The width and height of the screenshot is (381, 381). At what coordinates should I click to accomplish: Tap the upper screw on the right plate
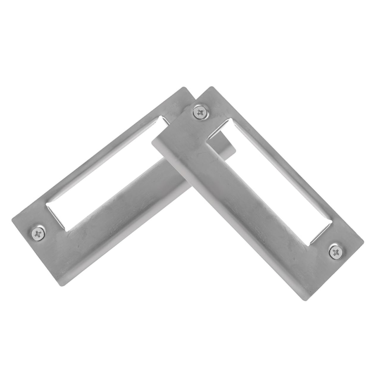tap(199, 112)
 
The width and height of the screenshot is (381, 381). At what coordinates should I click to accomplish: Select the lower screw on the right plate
tap(335, 252)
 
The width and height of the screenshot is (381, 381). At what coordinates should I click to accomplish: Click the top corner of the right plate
tap(212, 87)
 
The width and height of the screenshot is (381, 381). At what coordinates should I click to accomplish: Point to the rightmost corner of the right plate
tap(363, 239)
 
